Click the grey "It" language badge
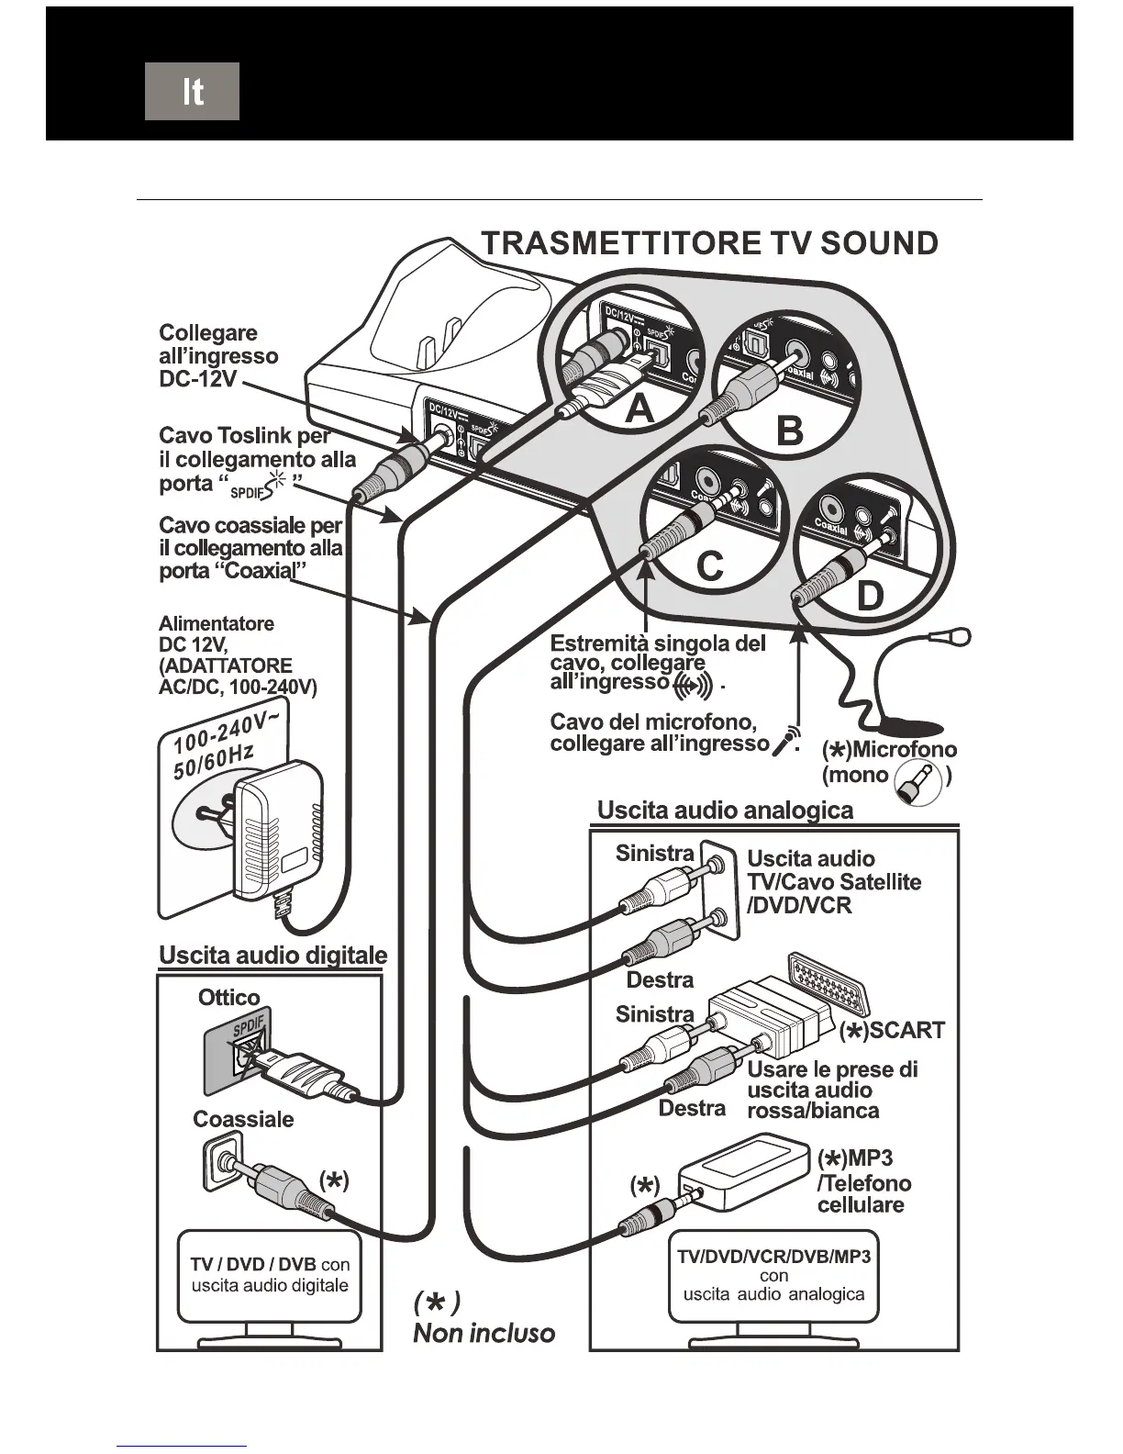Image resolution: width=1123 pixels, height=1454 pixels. click(192, 91)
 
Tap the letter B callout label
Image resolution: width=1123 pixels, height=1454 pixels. click(789, 431)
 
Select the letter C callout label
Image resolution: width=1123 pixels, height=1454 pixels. click(709, 566)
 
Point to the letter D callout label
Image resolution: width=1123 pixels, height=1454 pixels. click(868, 597)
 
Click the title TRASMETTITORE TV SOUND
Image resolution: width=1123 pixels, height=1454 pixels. click(709, 243)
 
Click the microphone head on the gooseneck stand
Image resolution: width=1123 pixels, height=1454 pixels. click(959, 633)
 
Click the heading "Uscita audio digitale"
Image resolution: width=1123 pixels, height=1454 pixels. click(272, 956)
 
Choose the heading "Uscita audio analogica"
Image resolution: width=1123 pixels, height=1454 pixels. click(725, 811)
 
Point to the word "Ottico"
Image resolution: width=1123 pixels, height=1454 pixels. click(229, 998)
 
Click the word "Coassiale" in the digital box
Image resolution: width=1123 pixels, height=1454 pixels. click(243, 1119)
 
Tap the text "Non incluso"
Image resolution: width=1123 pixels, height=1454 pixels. click(484, 1333)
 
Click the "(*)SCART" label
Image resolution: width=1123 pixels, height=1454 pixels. click(892, 1030)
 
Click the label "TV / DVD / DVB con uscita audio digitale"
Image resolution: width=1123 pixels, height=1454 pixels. click(270, 1275)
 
